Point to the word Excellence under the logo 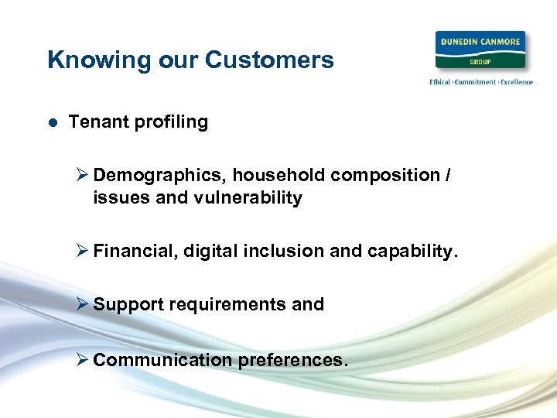click(514, 82)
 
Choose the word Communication click(162, 360)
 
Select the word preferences click(292, 360)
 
